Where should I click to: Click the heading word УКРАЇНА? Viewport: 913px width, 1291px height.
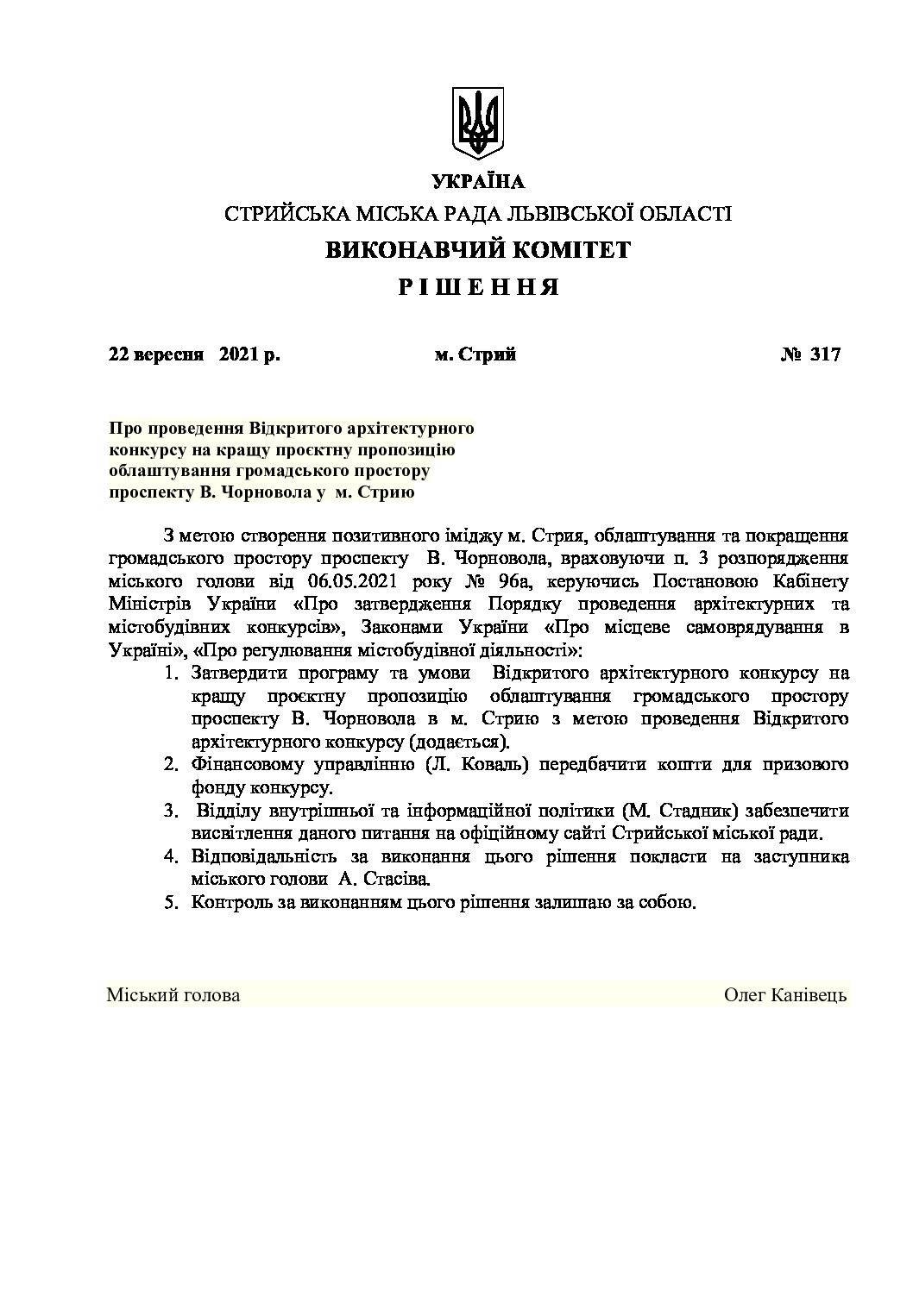coord(477,181)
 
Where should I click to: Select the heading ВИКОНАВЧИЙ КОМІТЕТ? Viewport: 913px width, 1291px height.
coord(477,250)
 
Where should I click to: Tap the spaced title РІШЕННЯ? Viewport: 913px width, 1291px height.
coord(477,287)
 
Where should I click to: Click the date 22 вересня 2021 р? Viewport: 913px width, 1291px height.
coord(194,354)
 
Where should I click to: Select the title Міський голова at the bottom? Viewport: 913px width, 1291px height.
coord(173,995)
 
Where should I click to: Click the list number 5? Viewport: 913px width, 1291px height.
coord(170,904)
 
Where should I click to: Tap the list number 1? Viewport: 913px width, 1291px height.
coord(170,673)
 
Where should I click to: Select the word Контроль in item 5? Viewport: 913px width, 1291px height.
coord(231,904)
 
